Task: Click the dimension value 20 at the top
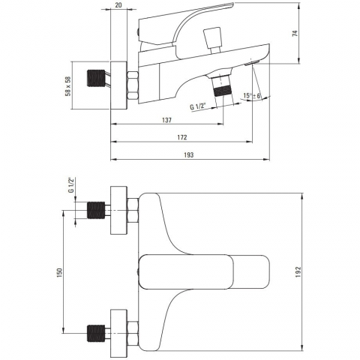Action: [x=118, y=5]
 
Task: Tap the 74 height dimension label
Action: [x=295, y=34]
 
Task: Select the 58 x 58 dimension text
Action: [x=67, y=86]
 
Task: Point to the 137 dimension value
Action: [x=166, y=120]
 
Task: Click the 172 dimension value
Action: [x=182, y=137]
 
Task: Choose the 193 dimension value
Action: [x=189, y=155]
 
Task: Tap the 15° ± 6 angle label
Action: [x=252, y=96]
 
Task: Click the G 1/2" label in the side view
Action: [x=197, y=106]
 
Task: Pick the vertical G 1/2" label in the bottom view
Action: [x=71, y=184]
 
